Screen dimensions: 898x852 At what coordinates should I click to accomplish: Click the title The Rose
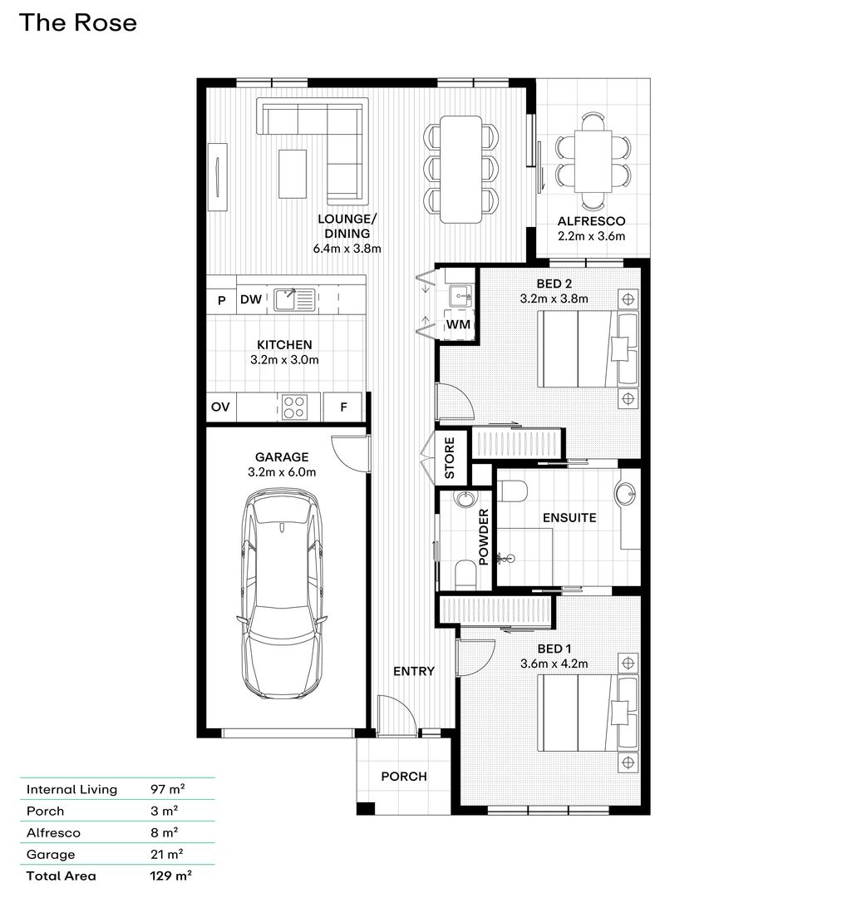pyautogui.click(x=77, y=23)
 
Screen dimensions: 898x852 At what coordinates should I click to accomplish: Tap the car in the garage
pyautogui.click(x=282, y=595)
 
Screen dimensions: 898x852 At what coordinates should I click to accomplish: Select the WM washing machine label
pyautogui.click(x=458, y=324)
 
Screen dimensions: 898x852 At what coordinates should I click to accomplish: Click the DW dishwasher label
pyautogui.click(x=251, y=300)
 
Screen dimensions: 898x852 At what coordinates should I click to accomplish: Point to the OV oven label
pyautogui.click(x=220, y=407)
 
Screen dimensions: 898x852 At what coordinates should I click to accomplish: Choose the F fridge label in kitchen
pyautogui.click(x=344, y=407)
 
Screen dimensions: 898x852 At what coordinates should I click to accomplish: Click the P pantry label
pyautogui.click(x=221, y=300)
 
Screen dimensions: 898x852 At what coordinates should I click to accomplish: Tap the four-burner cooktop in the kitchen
pyautogui.click(x=294, y=407)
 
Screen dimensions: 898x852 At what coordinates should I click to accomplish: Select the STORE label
pyautogui.click(x=450, y=458)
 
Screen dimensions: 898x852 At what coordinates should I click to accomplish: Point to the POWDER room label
pyautogui.click(x=483, y=537)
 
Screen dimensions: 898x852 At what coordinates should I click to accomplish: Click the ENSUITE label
pyautogui.click(x=569, y=518)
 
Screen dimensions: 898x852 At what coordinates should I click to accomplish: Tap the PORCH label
pyautogui.click(x=404, y=777)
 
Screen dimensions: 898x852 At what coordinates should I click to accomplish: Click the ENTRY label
pyautogui.click(x=414, y=671)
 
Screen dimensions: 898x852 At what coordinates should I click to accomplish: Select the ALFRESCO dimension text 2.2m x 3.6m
pyautogui.click(x=591, y=236)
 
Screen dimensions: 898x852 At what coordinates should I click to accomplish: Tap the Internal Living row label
pyautogui.click(x=72, y=789)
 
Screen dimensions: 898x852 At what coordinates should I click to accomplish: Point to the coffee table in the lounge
pyautogui.click(x=293, y=173)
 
